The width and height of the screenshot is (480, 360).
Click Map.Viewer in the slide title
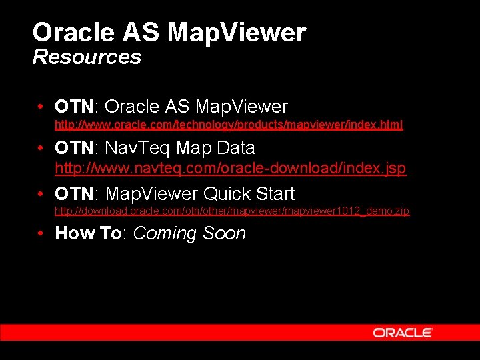(x=237, y=32)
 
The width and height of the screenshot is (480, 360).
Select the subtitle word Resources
(x=87, y=57)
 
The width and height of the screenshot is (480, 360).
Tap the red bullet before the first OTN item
(x=41, y=107)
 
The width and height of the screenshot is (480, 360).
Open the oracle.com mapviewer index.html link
(x=229, y=125)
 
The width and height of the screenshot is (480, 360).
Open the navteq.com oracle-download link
(x=230, y=169)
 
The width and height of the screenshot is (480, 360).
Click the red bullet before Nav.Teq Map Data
(x=41, y=148)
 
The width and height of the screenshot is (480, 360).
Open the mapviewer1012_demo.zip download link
(x=232, y=211)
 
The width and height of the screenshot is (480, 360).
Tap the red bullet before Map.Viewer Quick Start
(x=41, y=195)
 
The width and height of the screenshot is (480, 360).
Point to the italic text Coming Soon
(x=189, y=233)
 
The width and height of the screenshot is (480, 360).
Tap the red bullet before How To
(x=41, y=234)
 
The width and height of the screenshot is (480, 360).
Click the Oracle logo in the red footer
(x=403, y=333)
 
